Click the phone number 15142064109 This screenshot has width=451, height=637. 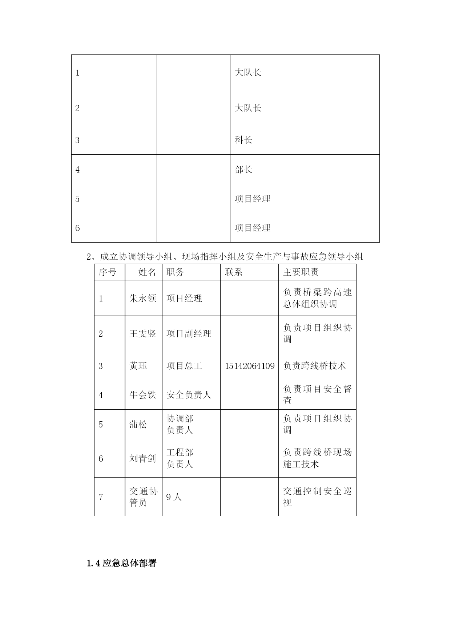(249, 366)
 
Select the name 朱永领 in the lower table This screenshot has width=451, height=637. (143, 298)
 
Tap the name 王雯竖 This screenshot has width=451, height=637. (143, 333)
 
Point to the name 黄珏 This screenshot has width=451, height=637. (138, 366)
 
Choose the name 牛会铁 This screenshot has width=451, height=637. (143, 395)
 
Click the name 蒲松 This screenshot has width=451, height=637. (138, 424)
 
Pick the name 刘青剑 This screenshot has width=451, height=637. (143, 458)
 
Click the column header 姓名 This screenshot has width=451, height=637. (147, 272)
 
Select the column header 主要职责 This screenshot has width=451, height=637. (301, 272)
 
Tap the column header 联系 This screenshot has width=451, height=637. (233, 272)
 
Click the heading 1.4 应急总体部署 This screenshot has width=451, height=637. (122, 563)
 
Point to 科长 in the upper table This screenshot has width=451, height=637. (243, 140)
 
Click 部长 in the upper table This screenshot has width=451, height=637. (243, 170)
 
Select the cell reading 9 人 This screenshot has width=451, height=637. (174, 497)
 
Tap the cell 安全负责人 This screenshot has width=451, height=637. (189, 395)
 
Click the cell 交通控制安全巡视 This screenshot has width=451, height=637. (317, 497)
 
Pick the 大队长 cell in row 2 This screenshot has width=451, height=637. (248, 108)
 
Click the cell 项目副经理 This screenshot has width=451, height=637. (189, 333)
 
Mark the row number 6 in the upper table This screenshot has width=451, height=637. (77, 228)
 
